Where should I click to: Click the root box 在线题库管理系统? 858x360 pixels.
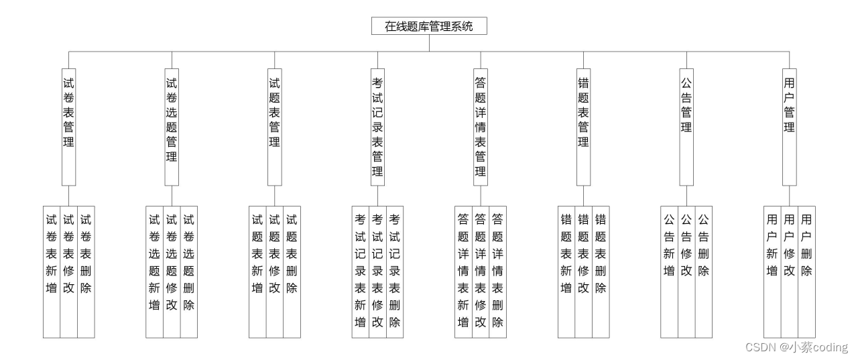pos(429,27)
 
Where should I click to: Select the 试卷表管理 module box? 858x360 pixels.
pos(68,127)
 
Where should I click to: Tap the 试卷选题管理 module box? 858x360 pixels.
pos(172,127)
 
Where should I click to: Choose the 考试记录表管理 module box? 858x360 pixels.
pos(377,127)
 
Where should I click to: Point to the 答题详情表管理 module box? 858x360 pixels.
pos(480,127)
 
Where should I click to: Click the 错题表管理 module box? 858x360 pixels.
pos(583,127)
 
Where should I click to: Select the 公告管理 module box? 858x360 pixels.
pos(686,127)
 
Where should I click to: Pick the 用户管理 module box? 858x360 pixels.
pos(789,127)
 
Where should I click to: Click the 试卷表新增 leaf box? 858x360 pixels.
pos(52,271)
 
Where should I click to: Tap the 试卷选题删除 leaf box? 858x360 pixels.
pos(189,271)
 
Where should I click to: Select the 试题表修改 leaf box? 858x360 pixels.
pos(275,271)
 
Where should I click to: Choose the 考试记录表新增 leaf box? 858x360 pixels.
pos(360,271)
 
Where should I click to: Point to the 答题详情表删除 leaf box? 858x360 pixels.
pos(497,271)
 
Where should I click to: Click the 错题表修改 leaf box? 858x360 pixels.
pos(583,271)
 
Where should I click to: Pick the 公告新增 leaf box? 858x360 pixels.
pos(669,271)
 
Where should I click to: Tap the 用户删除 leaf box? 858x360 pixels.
pos(806,271)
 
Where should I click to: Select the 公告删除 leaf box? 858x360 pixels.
pos(703,271)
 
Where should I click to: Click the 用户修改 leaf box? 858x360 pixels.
pos(789,271)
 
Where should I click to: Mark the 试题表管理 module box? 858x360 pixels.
pos(274,127)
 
